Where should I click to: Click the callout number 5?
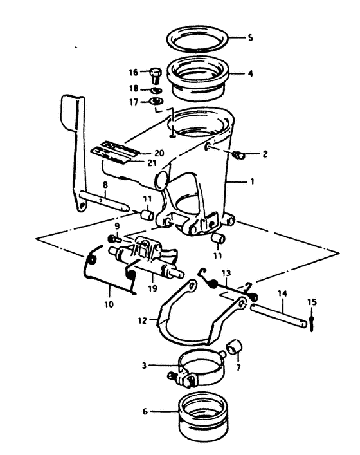click(250, 38)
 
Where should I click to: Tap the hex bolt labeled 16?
click(156, 75)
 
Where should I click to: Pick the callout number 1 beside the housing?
click(252, 182)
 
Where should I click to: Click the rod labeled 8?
click(104, 201)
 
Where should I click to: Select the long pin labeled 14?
click(278, 315)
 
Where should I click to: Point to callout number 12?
click(143, 320)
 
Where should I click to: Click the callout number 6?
click(145, 411)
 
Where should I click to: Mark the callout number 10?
click(109, 304)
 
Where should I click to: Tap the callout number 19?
click(153, 288)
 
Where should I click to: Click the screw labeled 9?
click(114, 239)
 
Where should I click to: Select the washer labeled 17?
click(156, 101)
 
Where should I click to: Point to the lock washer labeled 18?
click(156, 90)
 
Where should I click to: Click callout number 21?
click(152, 163)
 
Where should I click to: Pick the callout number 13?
click(226, 273)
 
